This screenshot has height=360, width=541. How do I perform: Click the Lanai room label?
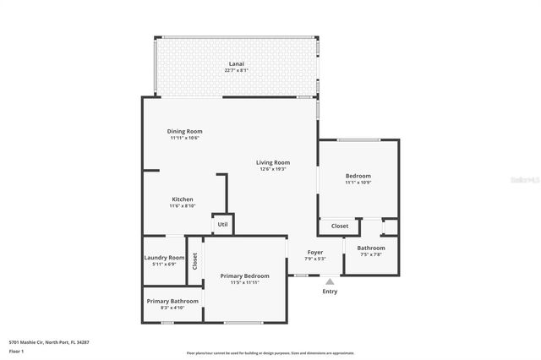click(x=237, y=64)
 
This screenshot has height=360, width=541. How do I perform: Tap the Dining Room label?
click(x=184, y=131)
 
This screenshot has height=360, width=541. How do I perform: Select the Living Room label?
click(x=274, y=162)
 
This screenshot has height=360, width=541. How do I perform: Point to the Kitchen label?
click(x=183, y=199)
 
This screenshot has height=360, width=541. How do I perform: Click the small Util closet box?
click(x=222, y=225)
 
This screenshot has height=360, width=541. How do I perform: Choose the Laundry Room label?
click(x=164, y=258)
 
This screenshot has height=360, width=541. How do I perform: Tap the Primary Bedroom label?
click(x=244, y=276)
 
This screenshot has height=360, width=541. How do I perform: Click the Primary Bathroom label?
click(x=172, y=301)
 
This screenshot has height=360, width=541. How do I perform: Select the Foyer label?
click(x=314, y=252)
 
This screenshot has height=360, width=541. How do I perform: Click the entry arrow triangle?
click(x=330, y=282)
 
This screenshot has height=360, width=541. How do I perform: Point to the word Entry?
click(x=330, y=292)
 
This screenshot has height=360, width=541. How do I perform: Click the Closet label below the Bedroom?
click(x=339, y=226)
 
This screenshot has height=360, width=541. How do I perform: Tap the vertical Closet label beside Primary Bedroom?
click(x=194, y=261)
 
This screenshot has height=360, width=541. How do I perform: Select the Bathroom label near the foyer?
click(x=371, y=248)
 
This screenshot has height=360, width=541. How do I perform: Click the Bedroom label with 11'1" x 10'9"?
click(x=358, y=176)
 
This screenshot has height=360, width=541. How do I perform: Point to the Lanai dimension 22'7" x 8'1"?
click(x=237, y=71)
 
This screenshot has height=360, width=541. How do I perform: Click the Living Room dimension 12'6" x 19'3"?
click(x=274, y=169)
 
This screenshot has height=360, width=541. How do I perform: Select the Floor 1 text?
click(x=17, y=351)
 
